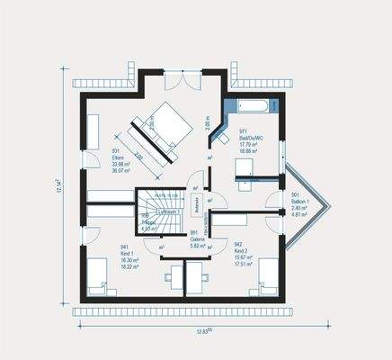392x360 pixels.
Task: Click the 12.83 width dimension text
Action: click(204, 332)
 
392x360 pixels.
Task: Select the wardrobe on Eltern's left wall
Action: click(93, 130)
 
